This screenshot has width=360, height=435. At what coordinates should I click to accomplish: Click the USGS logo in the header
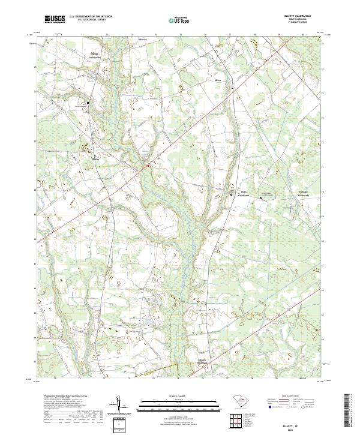point(55,20)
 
